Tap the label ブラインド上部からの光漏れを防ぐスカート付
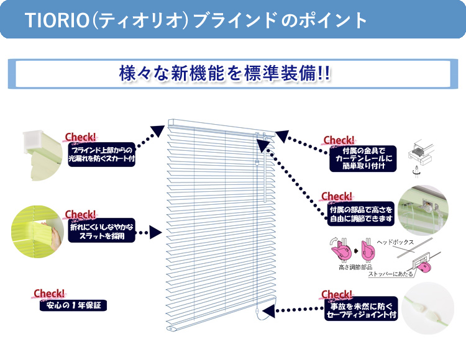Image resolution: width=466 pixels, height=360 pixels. (102, 155)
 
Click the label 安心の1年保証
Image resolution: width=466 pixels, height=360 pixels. (73, 305)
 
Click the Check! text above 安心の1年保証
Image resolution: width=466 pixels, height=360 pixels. (49, 293)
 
